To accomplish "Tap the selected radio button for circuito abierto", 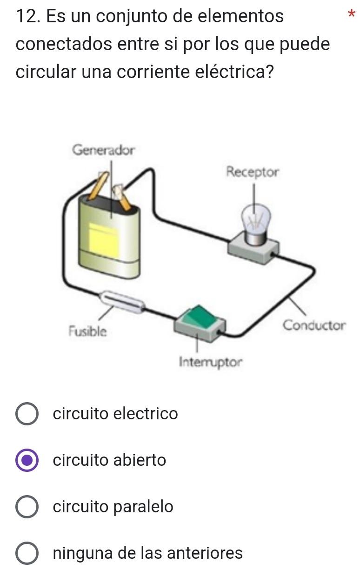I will coord(27,460).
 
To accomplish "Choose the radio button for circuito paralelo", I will coord(27,507).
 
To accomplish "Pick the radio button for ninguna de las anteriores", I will coord(27,553).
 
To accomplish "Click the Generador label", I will coord(104,150).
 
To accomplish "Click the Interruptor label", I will coord(211,361).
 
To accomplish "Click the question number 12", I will coord(27,16).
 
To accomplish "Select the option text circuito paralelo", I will coord(113,507).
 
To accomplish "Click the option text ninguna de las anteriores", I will coord(148,553).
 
